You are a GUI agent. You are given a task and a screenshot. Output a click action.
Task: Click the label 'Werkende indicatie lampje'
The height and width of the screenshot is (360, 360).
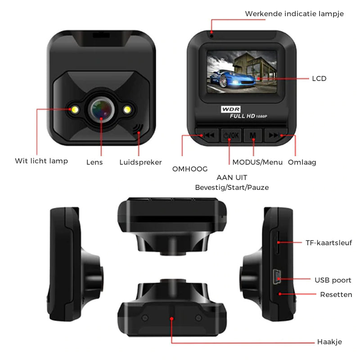[x=294, y=14]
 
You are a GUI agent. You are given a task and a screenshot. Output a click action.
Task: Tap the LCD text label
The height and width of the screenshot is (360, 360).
[x=319, y=79]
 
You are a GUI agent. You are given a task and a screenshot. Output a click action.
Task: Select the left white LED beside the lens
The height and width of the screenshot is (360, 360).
[x=74, y=109]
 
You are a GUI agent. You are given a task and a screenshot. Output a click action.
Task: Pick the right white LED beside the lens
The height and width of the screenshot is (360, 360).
[x=128, y=109]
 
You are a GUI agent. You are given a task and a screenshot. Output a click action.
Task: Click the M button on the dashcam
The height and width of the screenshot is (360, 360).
[x=253, y=135]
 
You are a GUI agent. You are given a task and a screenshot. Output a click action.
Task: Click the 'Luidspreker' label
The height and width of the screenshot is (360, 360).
[x=141, y=162]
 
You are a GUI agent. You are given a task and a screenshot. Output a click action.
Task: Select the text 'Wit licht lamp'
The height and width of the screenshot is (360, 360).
[x=41, y=161]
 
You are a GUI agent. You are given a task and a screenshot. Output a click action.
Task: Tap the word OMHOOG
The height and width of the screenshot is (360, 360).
[x=190, y=169]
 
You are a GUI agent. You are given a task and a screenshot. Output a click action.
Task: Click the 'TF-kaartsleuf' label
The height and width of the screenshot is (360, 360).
[x=328, y=243]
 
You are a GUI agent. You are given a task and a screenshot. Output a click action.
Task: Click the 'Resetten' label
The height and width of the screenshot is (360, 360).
[x=336, y=295]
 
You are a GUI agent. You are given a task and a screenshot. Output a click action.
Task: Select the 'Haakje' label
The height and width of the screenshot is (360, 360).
[x=329, y=342]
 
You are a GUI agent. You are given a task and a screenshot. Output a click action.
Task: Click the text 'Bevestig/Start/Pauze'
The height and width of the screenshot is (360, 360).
[x=232, y=187]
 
